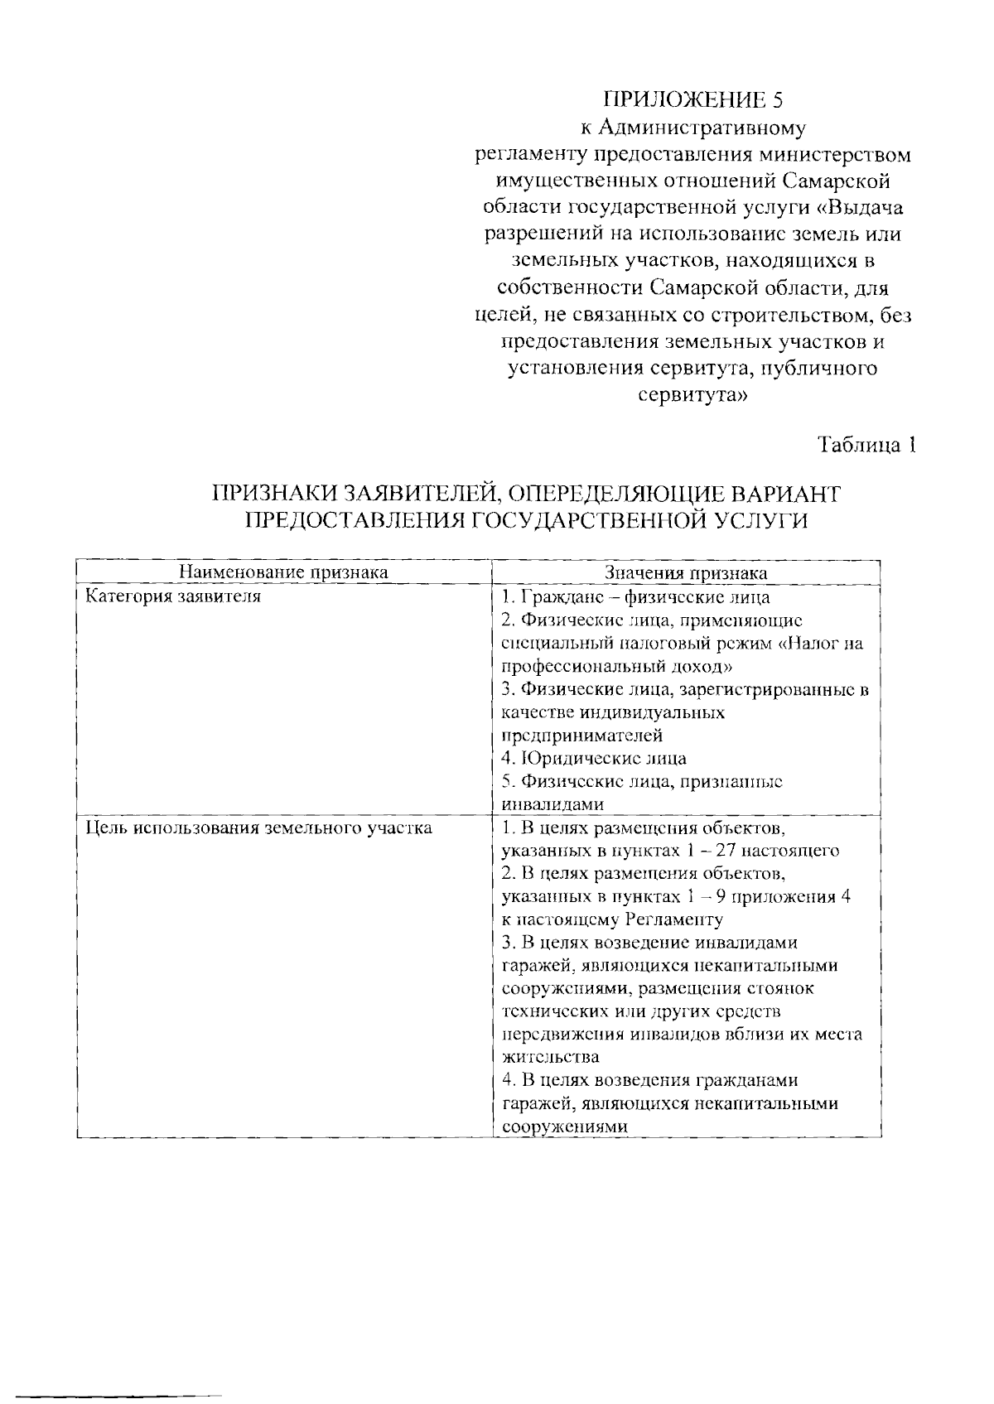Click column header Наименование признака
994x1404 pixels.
[284, 572]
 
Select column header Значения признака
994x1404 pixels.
[686, 572]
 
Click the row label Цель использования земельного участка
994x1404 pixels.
[259, 827]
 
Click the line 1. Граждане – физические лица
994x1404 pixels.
[635, 596]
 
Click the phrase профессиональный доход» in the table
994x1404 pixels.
[618, 666]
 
